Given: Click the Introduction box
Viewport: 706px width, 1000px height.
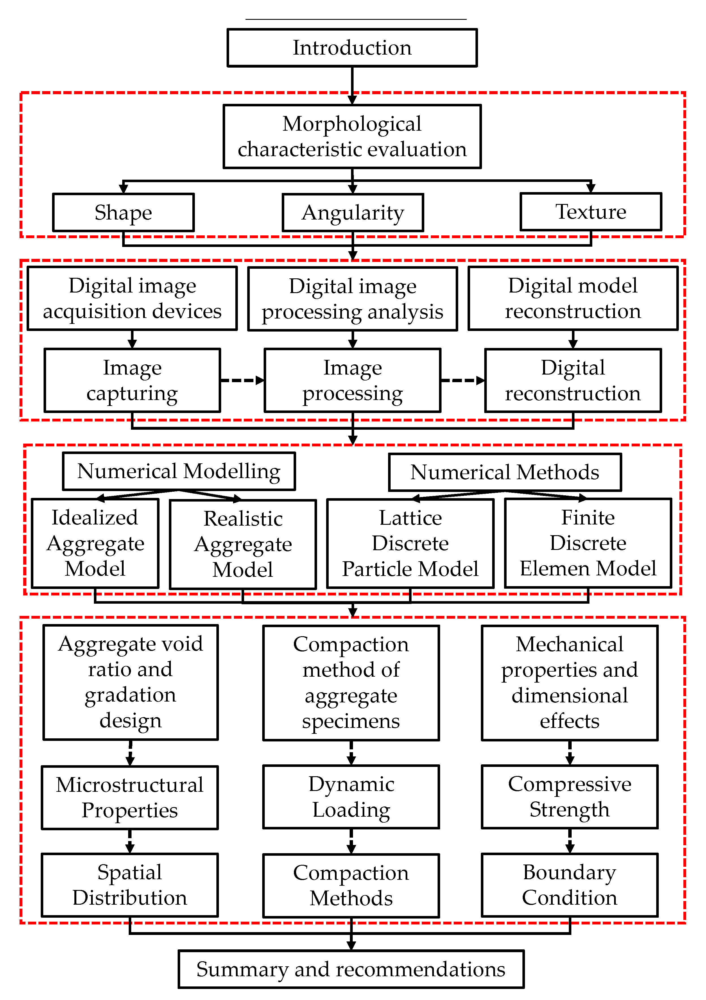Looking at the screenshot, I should [352, 48].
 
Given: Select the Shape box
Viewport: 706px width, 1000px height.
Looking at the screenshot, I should [123, 212].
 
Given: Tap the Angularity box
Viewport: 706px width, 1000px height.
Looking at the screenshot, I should [353, 212].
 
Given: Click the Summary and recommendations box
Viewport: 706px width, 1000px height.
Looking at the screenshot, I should [351, 969].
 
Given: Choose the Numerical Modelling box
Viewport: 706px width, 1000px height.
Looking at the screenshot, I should [179, 471].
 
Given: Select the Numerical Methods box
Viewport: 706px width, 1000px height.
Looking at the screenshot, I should [505, 472].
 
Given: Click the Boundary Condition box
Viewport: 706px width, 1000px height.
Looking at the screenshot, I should [570, 885].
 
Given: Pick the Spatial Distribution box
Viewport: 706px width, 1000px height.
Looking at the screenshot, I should [130, 885].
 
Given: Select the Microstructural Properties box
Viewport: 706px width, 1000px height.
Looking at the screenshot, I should [130, 797].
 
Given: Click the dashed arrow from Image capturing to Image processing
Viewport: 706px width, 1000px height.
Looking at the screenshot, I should [242, 380].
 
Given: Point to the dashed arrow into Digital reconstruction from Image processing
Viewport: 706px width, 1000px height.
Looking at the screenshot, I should [462, 380].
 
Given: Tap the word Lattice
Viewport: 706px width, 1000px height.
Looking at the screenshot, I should [410, 518].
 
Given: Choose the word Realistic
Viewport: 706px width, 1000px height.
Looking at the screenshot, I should [243, 519].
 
